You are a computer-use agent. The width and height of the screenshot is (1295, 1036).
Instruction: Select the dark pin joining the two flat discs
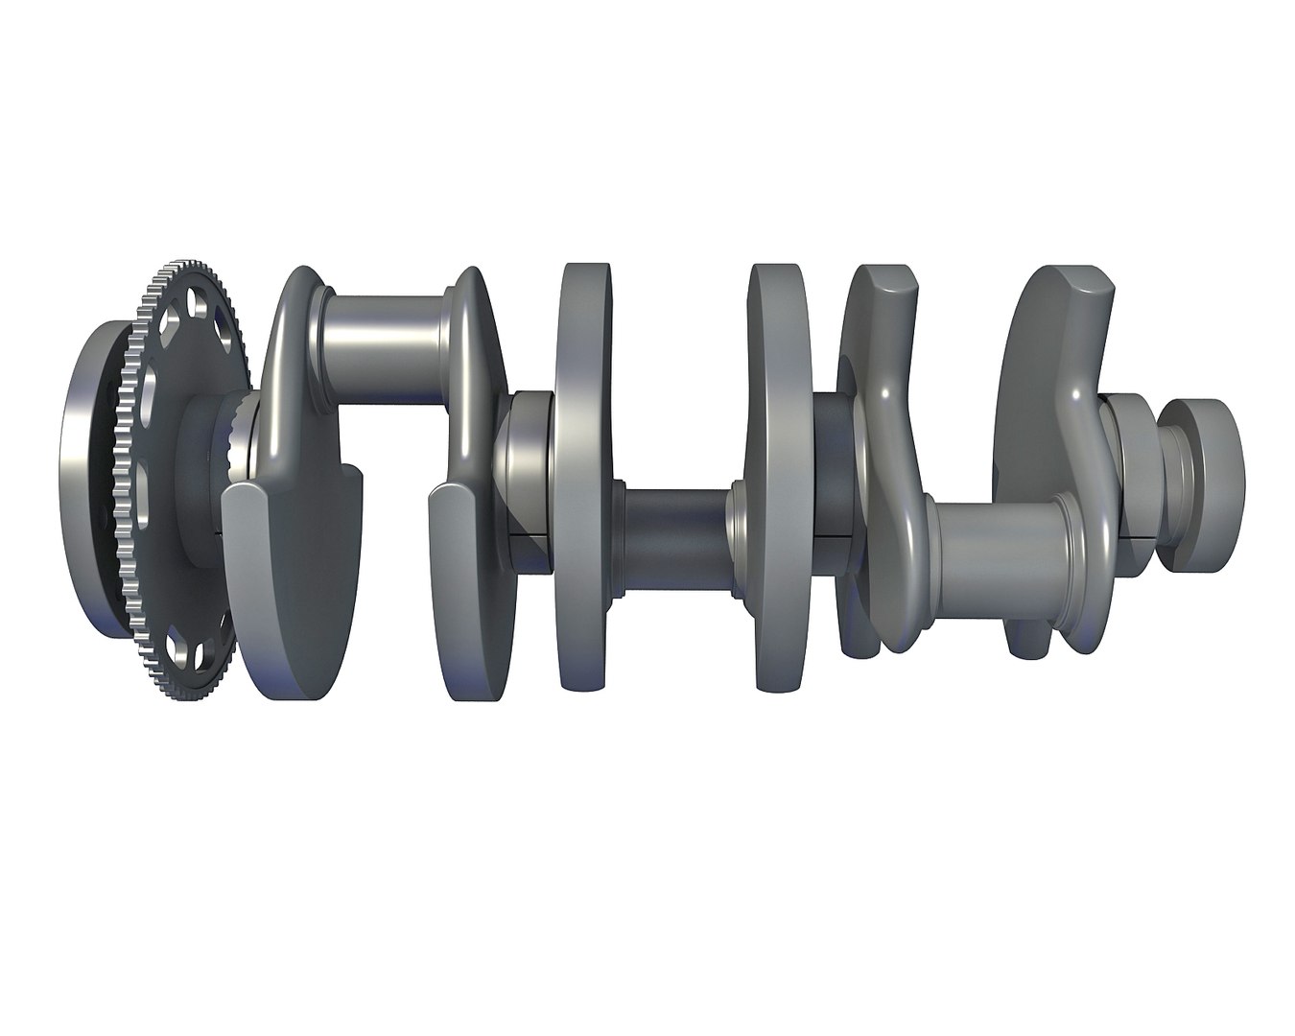(x=676, y=537)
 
